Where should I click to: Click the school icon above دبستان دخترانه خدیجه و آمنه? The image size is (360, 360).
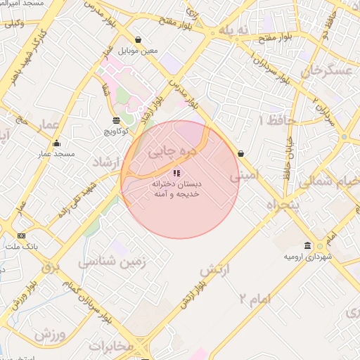click(x=176, y=173)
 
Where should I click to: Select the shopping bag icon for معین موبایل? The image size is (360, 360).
click(x=138, y=40)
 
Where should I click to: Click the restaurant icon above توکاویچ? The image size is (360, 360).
click(x=117, y=120)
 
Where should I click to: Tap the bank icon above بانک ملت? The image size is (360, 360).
click(x=21, y=236)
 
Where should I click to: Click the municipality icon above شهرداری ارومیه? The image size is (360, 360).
click(x=308, y=245)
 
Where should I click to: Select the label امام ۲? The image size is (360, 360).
click(x=253, y=299)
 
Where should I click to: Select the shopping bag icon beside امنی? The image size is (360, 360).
click(x=240, y=153)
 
